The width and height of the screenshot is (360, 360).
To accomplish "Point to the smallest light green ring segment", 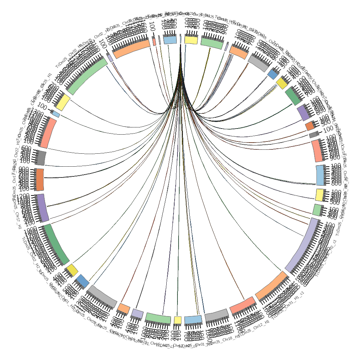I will [317, 210].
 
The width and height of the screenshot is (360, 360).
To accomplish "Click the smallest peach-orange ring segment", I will [124, 308].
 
